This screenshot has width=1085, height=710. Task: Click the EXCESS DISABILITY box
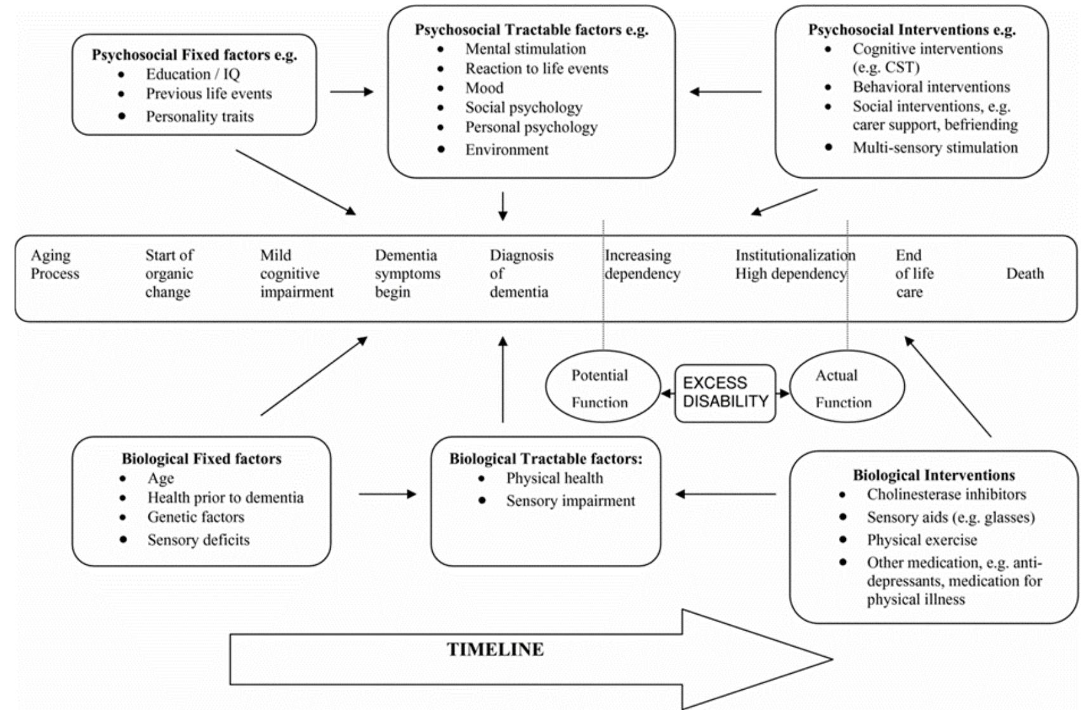click(725, 393)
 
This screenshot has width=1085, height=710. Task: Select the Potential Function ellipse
click(601, 388)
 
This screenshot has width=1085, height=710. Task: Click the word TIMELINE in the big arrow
click(495, 650)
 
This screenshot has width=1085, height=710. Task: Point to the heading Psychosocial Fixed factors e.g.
click(194, 55)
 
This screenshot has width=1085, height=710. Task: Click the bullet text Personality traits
click(199, 117)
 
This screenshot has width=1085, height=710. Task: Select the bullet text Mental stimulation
click(525, 49)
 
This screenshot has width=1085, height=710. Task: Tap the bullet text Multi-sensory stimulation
click(935, 148)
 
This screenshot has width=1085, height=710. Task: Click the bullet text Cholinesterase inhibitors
click(946, 494)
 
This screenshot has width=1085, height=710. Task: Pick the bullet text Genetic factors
click(195, 517)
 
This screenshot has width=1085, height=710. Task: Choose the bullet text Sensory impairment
click(570, 501)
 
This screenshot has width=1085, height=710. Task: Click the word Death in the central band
click(1024, 273)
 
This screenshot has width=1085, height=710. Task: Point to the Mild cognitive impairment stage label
click(296, 273)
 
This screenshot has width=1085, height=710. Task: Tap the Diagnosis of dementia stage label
click(520, 273)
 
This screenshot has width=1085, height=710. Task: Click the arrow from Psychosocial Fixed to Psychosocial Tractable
click(351, 91)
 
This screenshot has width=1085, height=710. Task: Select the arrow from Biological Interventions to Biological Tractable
click(725, 494)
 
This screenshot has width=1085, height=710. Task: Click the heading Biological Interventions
click(933, 475)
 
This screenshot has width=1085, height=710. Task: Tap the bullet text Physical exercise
click(921, 540)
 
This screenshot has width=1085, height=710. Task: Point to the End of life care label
click(914, 273)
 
